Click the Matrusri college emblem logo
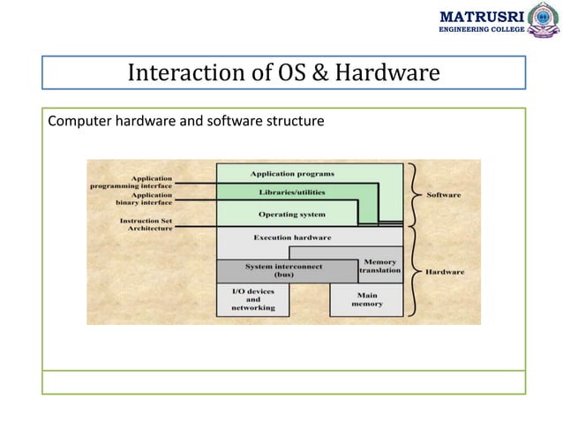[543, 20]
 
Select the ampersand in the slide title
[320, 73]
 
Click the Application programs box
[291, 173]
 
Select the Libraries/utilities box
[291, 192]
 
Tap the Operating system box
[291, 215]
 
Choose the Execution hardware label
[292, 237]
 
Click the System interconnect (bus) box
[283, 270]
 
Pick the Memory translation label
[380, 266]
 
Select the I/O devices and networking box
[252, 299]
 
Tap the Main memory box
[367, 299]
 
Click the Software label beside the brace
[444, 194]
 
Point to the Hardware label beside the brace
[445, 272]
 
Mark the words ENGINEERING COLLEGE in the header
[482, 29]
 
